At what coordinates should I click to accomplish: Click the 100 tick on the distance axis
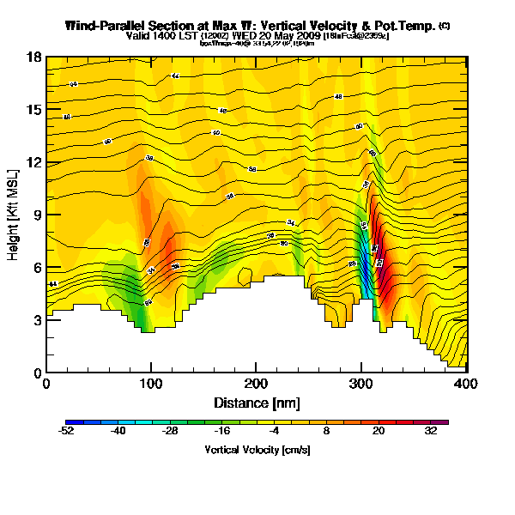coord(151,383)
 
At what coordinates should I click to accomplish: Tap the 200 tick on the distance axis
coord(256,383)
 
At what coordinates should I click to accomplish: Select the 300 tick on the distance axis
coord(361,383)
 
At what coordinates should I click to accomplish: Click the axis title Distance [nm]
coord(256,402)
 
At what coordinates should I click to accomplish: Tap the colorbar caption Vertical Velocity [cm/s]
coord(257,450)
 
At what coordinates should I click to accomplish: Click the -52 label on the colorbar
coord(66,433)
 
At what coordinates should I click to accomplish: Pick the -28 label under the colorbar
coord(171,433)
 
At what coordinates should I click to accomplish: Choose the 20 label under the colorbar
coord(379,433)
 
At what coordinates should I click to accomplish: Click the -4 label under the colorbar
coord(275,433)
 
